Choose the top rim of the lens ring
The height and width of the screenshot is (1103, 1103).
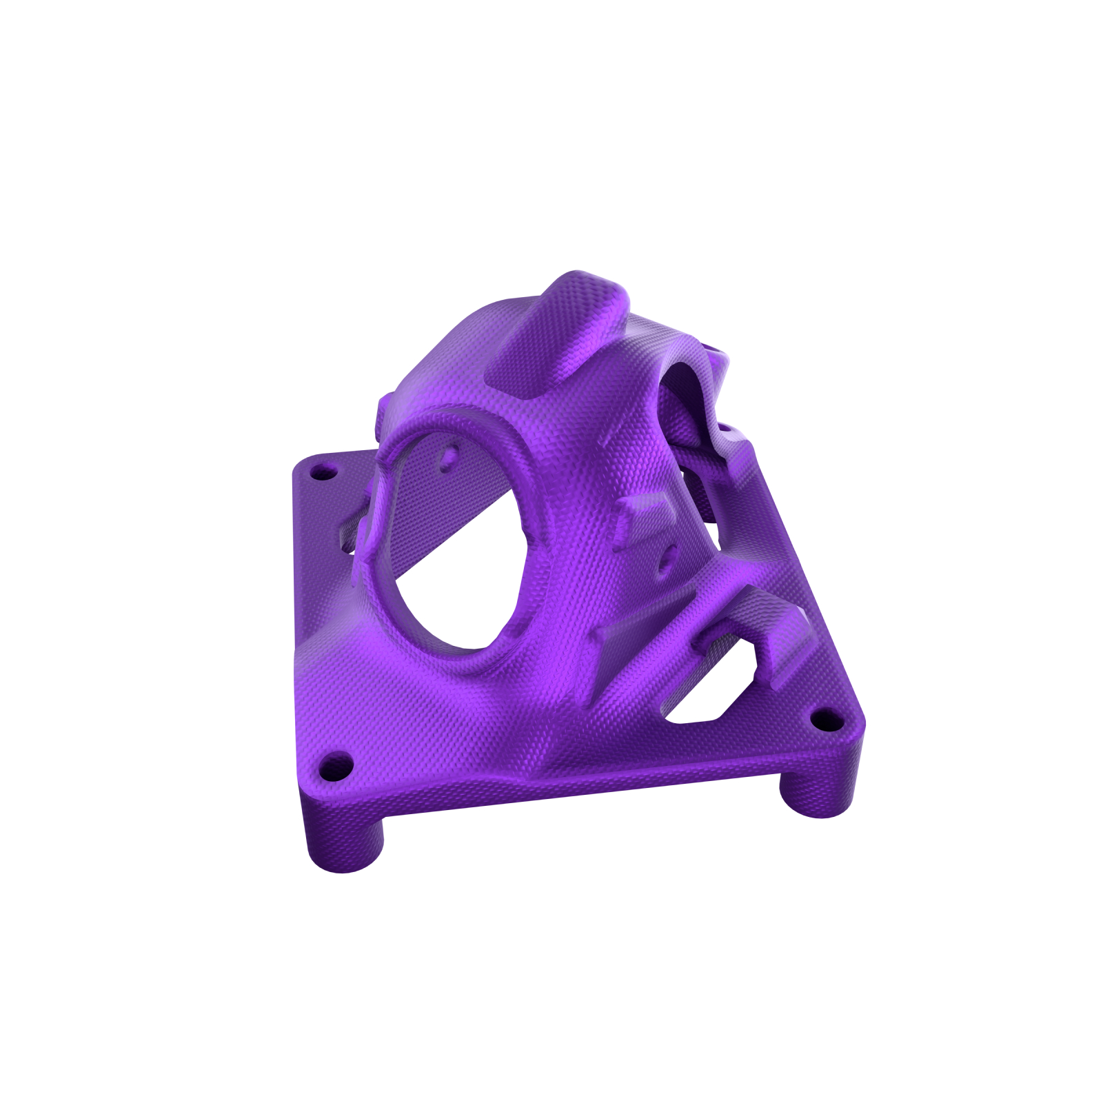click(455, 417)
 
